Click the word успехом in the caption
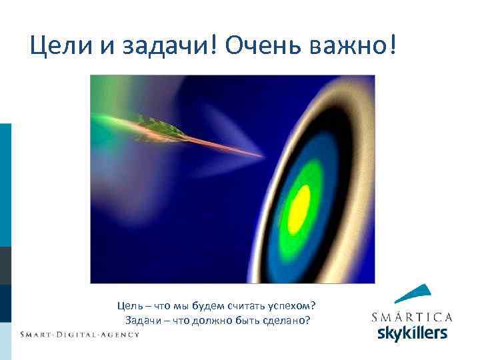point(293,306)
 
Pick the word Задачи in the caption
point(141,320)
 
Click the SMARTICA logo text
point(411,317)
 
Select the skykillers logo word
point(412,333)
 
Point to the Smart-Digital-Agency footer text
point(79,334)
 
